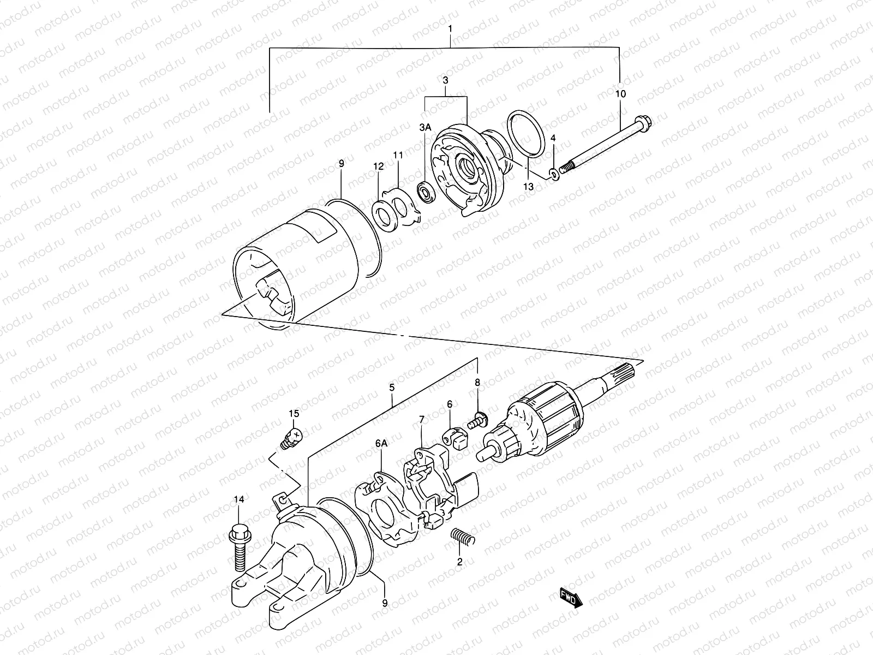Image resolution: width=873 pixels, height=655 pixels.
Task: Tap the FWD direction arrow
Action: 571,597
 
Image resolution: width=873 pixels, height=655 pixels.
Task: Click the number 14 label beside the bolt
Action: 239,499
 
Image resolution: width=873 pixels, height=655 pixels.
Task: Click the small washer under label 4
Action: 553,174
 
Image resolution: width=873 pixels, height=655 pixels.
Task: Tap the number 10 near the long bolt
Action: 620,93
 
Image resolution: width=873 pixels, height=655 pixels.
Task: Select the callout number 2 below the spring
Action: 459,561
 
